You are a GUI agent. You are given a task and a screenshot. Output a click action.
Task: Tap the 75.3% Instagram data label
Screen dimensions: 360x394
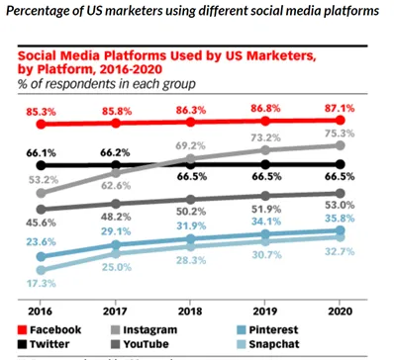click(x=341, y=135)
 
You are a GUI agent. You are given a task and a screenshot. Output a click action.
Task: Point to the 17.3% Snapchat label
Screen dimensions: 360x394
click(x=41, y=285)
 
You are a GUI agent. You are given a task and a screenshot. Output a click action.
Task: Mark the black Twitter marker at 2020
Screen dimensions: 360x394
click(x=341, y=164)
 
